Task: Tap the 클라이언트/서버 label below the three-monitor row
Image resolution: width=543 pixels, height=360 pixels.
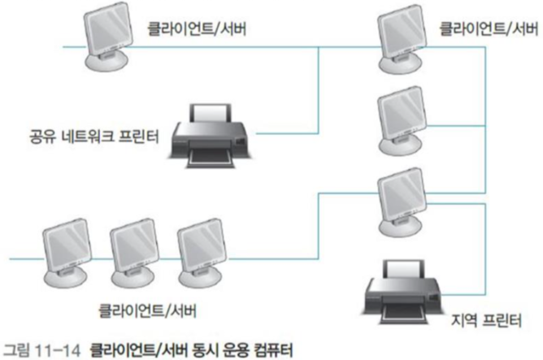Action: coord(148,310)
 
